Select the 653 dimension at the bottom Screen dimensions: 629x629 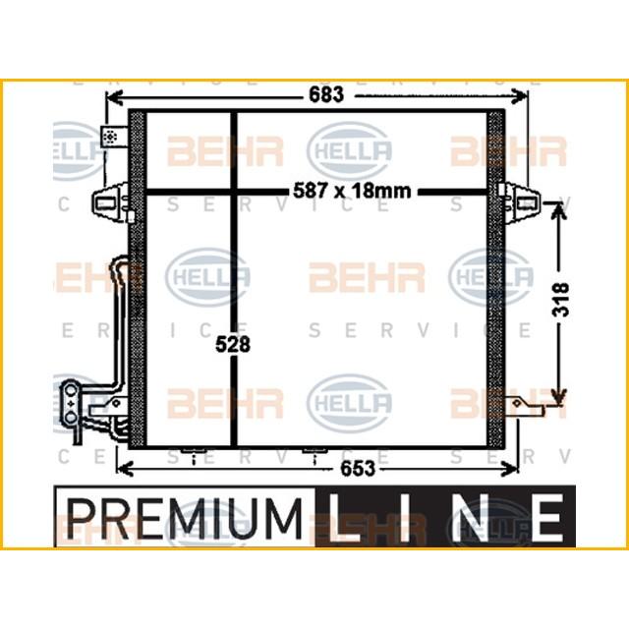(x=357, y=469)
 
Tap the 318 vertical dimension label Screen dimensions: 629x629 (x=559, y=299)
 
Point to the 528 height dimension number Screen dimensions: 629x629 (x=235, y=344)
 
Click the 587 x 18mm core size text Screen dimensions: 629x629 (x=352, y=191)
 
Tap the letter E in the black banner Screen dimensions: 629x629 (x=546, y=514)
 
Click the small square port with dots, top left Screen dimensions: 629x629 (x=112, y=137)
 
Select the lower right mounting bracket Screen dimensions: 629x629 (x=524, y=405)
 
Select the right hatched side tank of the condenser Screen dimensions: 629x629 (x=495, y=280)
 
